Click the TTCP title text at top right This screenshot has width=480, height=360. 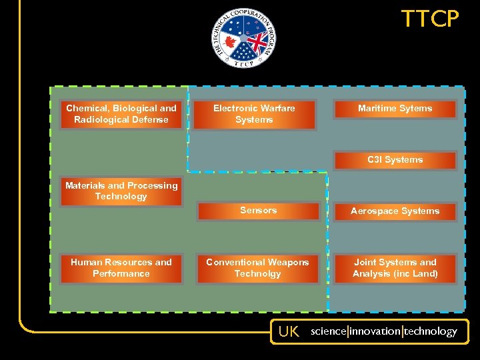(x=430, y=19)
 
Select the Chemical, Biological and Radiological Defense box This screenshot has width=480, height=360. (x=121, y=114)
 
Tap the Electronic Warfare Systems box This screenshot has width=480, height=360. (x=254, y=114)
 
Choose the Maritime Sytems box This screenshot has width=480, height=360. (x=395, y=109)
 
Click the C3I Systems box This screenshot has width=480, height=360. (x=395, y=160)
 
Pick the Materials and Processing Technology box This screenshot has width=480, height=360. (x=121, y=191)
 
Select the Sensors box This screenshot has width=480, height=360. (x=258, y=211)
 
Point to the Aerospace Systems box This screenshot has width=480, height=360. (x=395, y=211)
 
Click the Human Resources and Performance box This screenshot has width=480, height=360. (x=121, y=268)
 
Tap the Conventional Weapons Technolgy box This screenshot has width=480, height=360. (x=257, y=268)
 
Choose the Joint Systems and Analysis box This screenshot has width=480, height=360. (x=395, y=268)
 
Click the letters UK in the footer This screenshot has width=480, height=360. (x=289, y=331)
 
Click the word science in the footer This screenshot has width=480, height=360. (x=328, y=331)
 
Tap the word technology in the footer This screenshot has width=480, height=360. (x=430, y=331)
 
